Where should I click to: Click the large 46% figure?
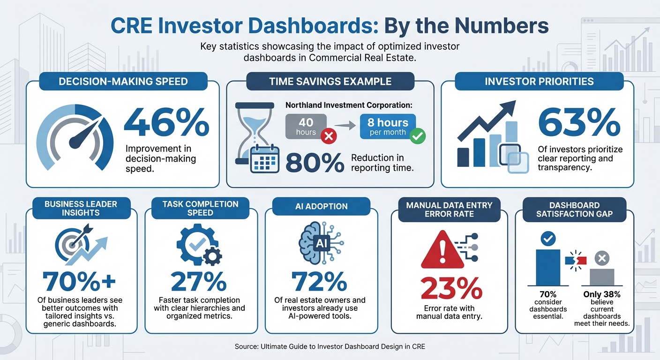tap(166, 123)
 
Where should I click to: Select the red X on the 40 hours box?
tap(329, 137)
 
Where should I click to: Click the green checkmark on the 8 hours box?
tap(417, 137)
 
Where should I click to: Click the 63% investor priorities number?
tap(579, 123)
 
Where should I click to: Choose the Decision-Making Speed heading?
tap(123, 81)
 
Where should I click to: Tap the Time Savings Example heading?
tap(330, 81)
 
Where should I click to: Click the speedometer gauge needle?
tap(84, 134)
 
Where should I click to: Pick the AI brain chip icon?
tap(322, 242)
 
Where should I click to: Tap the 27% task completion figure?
tap(199, 282)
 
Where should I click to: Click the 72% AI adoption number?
tap(319, 282)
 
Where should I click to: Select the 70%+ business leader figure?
tap(79, 282)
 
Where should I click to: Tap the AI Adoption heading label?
tap(322, 206)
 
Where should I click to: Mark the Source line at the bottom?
tap(330, 347)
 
